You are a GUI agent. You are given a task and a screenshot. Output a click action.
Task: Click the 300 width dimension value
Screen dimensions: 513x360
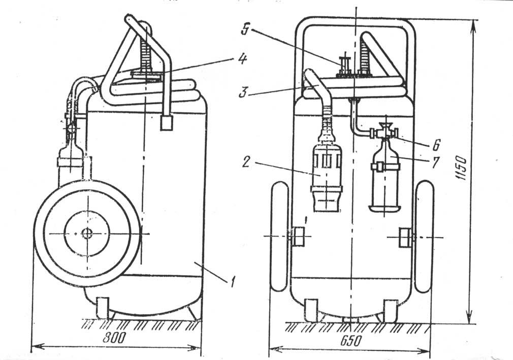pos(114,338)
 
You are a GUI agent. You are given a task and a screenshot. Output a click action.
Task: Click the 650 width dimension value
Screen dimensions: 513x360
pos(351,341)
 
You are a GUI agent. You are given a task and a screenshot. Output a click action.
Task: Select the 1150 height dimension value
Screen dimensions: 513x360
pos(461,169)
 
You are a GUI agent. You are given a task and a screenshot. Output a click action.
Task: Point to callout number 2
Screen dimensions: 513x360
pos(246,162)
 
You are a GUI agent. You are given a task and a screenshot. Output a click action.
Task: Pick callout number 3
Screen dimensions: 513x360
pos(242,92)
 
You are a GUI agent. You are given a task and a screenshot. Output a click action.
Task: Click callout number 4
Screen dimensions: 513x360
pos(242,60)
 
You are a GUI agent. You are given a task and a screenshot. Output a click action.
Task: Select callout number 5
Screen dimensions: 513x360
pos(245,29)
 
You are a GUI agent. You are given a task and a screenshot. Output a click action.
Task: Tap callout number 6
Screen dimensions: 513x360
pos(436,145)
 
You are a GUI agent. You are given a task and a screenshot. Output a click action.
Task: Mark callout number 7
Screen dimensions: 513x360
pos(435,162)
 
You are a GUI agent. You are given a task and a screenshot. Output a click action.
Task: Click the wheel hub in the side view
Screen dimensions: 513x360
pos(87,233)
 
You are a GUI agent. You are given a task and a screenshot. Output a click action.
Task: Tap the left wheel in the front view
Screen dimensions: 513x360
pos(280,237)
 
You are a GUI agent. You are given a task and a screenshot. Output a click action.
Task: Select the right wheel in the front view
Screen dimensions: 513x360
pos(424,237)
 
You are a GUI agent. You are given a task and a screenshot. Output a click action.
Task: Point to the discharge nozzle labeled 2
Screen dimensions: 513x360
pos(327,177)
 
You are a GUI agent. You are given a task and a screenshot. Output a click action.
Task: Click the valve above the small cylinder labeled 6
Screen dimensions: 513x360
pos(384,132)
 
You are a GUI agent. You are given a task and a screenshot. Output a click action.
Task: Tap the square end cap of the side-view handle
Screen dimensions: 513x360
pos(167,122)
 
